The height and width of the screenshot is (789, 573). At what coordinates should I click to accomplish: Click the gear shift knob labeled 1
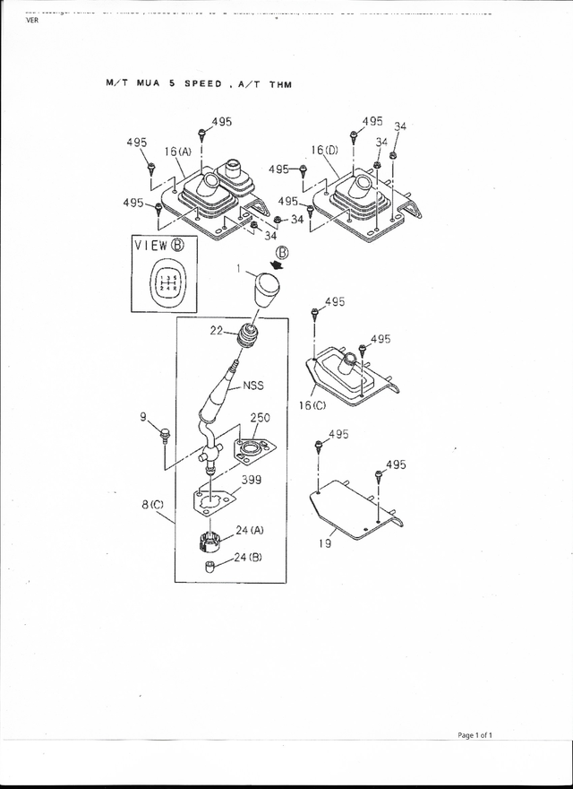(x=267, y=290)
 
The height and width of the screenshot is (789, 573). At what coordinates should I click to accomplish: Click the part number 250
(x=260, y=418)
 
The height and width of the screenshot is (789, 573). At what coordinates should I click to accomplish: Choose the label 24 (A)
(x=249, y=530)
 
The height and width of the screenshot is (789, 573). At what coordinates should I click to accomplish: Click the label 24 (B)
(x=248, y=558)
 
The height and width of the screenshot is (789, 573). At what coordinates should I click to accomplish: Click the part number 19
(x=324, y=543)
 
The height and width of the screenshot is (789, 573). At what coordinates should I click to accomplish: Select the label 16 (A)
(x=177, y=152)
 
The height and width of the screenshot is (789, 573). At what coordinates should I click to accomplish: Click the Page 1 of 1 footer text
(x=475, y=734)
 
